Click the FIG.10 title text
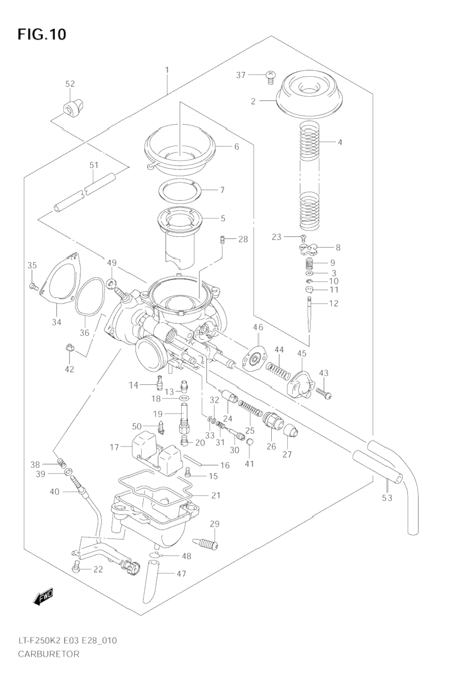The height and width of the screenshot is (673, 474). point(42,35)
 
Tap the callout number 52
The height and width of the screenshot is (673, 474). point(70,84)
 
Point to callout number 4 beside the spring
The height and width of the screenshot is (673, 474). point(340,142)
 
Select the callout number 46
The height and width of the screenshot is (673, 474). point(258,327)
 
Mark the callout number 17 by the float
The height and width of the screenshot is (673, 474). point(114,447)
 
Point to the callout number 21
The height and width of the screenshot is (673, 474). point(216,496)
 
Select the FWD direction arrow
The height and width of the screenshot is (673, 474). point(44,596)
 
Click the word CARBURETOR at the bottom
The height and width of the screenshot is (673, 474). point(49,654)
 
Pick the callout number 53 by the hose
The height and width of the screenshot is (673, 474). point(387,498)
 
